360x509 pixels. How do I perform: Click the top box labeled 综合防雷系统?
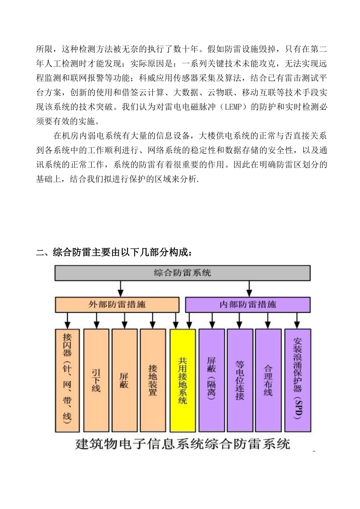point(182,273)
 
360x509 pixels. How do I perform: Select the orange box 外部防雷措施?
point(117,304)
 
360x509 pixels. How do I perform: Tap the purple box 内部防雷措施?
point(248,304)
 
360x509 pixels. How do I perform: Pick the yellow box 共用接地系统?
point(183,380)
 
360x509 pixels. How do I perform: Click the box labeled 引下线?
point(96,380)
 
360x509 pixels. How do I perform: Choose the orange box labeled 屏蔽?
point(124,380)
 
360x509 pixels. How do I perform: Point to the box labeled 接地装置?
point(153,380)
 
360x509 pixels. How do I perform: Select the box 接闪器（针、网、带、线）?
point(67,380)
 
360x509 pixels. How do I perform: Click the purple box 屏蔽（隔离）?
point(211,380)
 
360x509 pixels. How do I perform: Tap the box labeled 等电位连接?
point(240,380)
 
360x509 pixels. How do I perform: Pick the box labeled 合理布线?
point(268,380)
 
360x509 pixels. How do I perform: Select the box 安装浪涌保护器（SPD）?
point(297,380)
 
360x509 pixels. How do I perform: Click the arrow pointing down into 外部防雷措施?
point(121,289)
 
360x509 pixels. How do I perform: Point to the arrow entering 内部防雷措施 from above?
point(249,289)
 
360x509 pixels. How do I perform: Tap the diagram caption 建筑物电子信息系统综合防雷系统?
point(182,443)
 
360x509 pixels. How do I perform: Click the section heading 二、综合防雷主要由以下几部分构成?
point(114,252)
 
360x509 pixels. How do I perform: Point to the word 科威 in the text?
point(146,78)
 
